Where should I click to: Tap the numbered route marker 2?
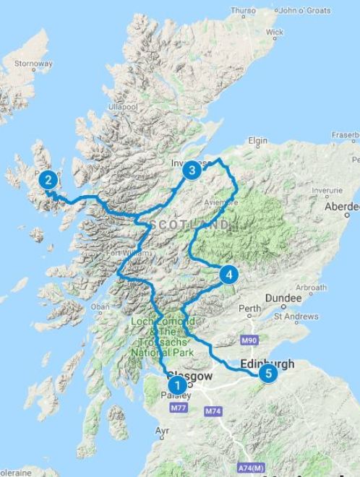point(48,180)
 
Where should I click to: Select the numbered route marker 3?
point(191,171)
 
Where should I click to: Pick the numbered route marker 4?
point(228,275)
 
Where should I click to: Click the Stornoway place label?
point(33,64)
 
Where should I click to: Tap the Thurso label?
point(243,11)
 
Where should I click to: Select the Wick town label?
point(275,33)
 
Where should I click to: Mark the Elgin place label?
point(257,140)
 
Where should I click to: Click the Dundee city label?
point(283,298)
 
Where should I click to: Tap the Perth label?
point(250,309)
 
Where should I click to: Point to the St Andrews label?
point(296,317)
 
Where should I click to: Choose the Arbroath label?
point(312,288)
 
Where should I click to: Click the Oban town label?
point(100,306)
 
